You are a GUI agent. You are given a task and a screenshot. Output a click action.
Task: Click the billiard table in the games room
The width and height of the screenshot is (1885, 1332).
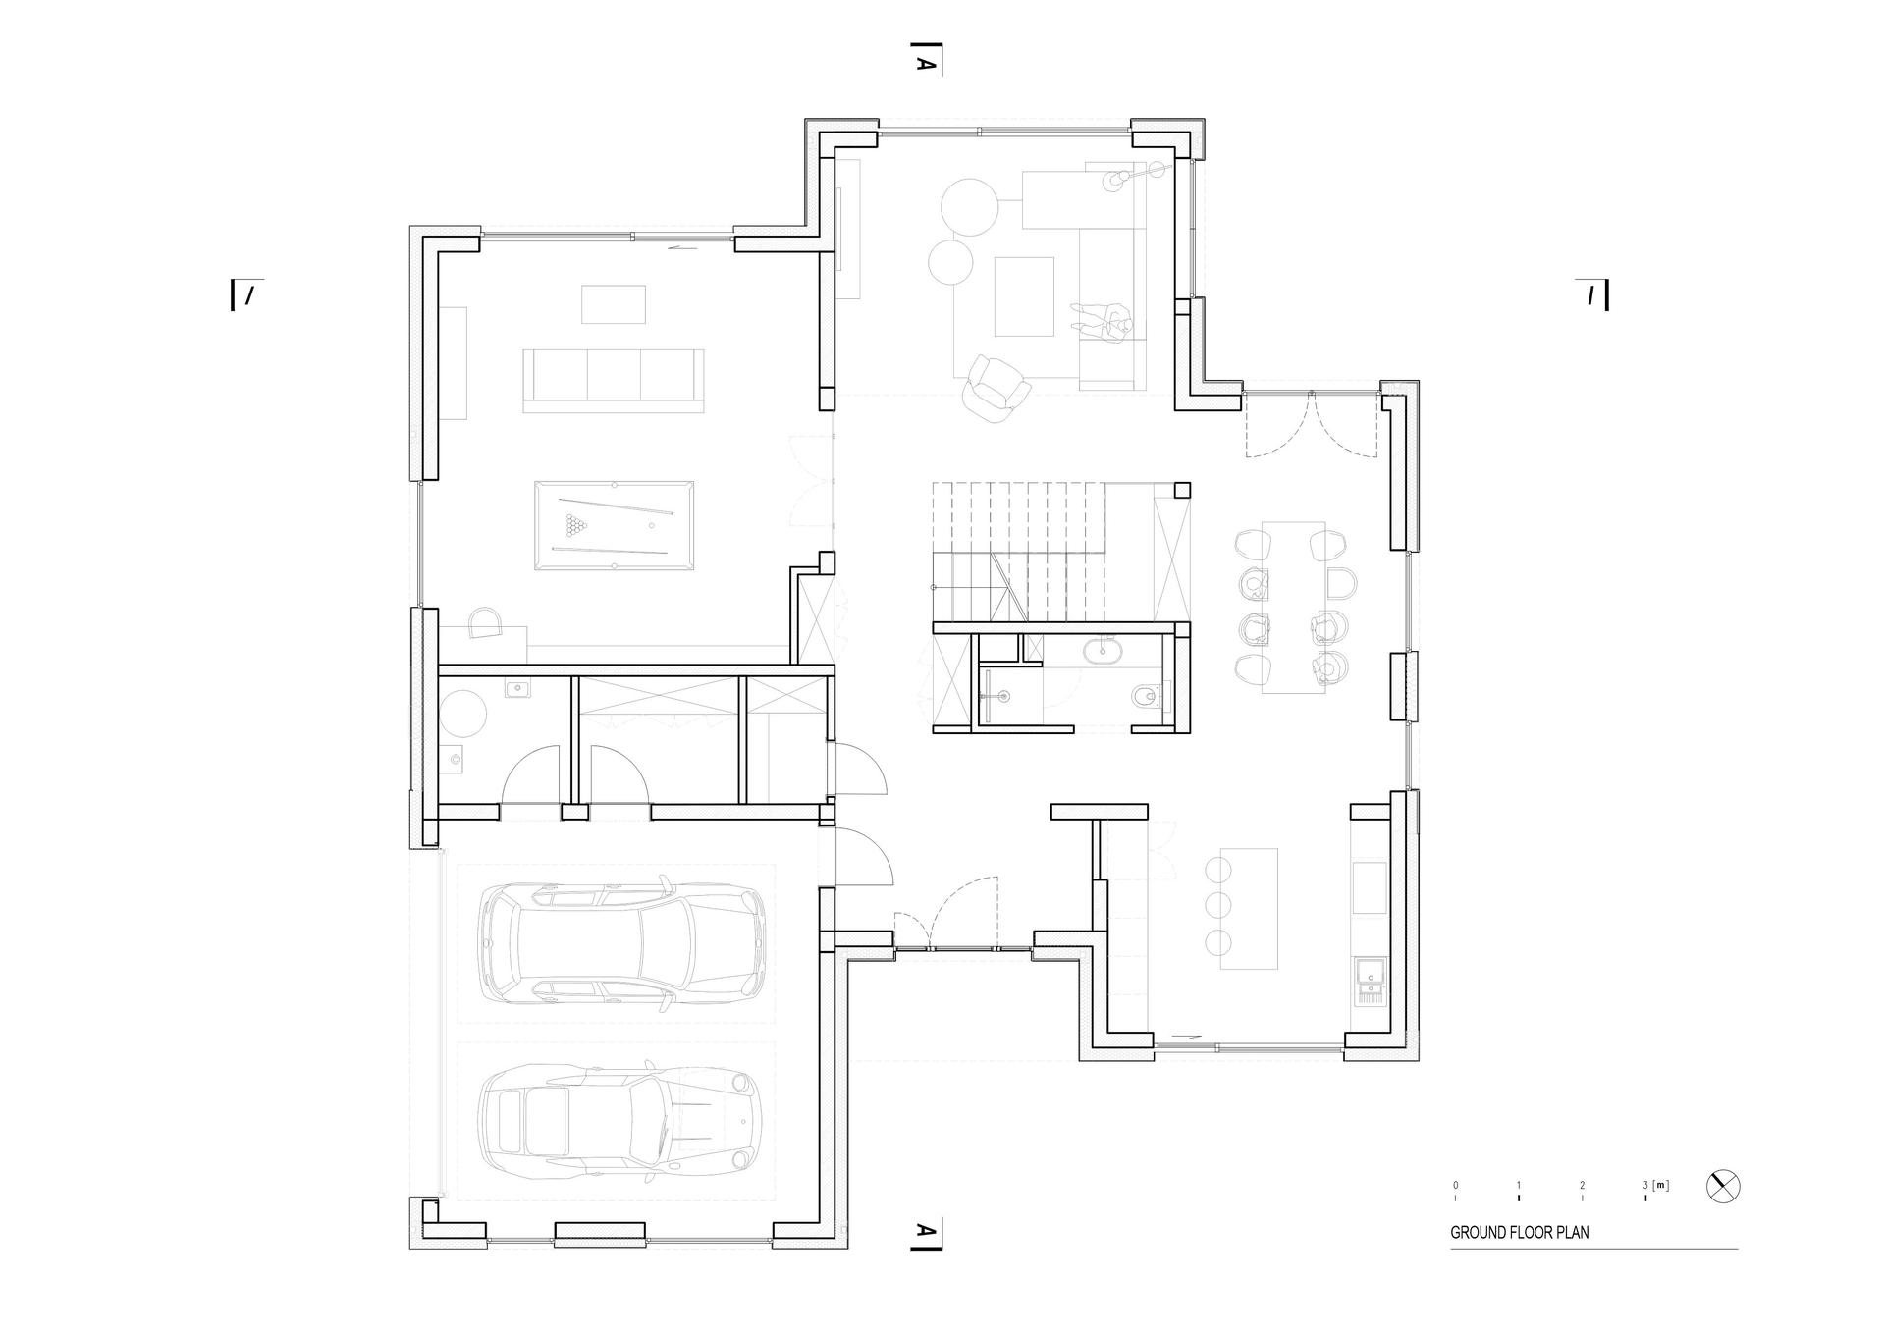[614, 525]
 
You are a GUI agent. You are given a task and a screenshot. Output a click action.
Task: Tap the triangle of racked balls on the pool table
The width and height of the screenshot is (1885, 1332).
[574, 525]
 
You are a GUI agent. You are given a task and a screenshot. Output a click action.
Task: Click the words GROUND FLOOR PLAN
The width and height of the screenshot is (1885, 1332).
[1519, 1232]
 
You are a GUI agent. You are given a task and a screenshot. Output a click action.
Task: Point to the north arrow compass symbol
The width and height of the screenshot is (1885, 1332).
[1723, 1186]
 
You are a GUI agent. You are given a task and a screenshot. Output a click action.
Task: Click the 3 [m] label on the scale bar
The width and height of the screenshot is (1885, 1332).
[1655, 1185]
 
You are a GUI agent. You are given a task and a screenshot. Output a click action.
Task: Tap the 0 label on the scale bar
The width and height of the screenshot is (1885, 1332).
[1456, 1185]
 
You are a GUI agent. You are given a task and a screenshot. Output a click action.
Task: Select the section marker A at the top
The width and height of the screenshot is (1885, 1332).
[925, 62]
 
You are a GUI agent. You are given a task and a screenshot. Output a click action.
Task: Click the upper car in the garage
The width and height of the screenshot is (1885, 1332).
[622, 944]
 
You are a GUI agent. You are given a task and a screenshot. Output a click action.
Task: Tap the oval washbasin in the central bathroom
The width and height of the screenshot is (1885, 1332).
[1106, 648]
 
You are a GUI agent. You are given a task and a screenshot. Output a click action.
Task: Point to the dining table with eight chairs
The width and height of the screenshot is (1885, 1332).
[1293, 608]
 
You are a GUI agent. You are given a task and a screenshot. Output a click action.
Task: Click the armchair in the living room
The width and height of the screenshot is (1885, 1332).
[996, 389]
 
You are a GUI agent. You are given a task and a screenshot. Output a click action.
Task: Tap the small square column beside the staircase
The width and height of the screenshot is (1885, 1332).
[1184, 490]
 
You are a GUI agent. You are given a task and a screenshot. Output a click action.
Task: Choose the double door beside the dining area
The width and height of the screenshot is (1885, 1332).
[1312, 424]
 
